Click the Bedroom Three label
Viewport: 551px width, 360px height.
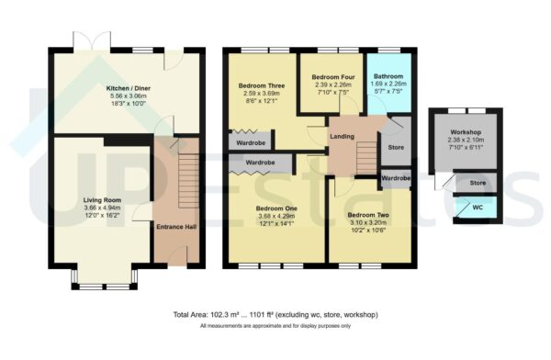pos(258,85)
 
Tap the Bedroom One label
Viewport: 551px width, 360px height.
pos(276,208)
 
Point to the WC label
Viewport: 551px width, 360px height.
pos(478,208)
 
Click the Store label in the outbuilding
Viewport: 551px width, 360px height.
pos(478,184)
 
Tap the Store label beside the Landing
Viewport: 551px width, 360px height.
pos(396,147)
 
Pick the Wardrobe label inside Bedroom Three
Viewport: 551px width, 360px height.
pos(251,143)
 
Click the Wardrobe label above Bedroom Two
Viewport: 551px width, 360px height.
pos(395,177)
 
